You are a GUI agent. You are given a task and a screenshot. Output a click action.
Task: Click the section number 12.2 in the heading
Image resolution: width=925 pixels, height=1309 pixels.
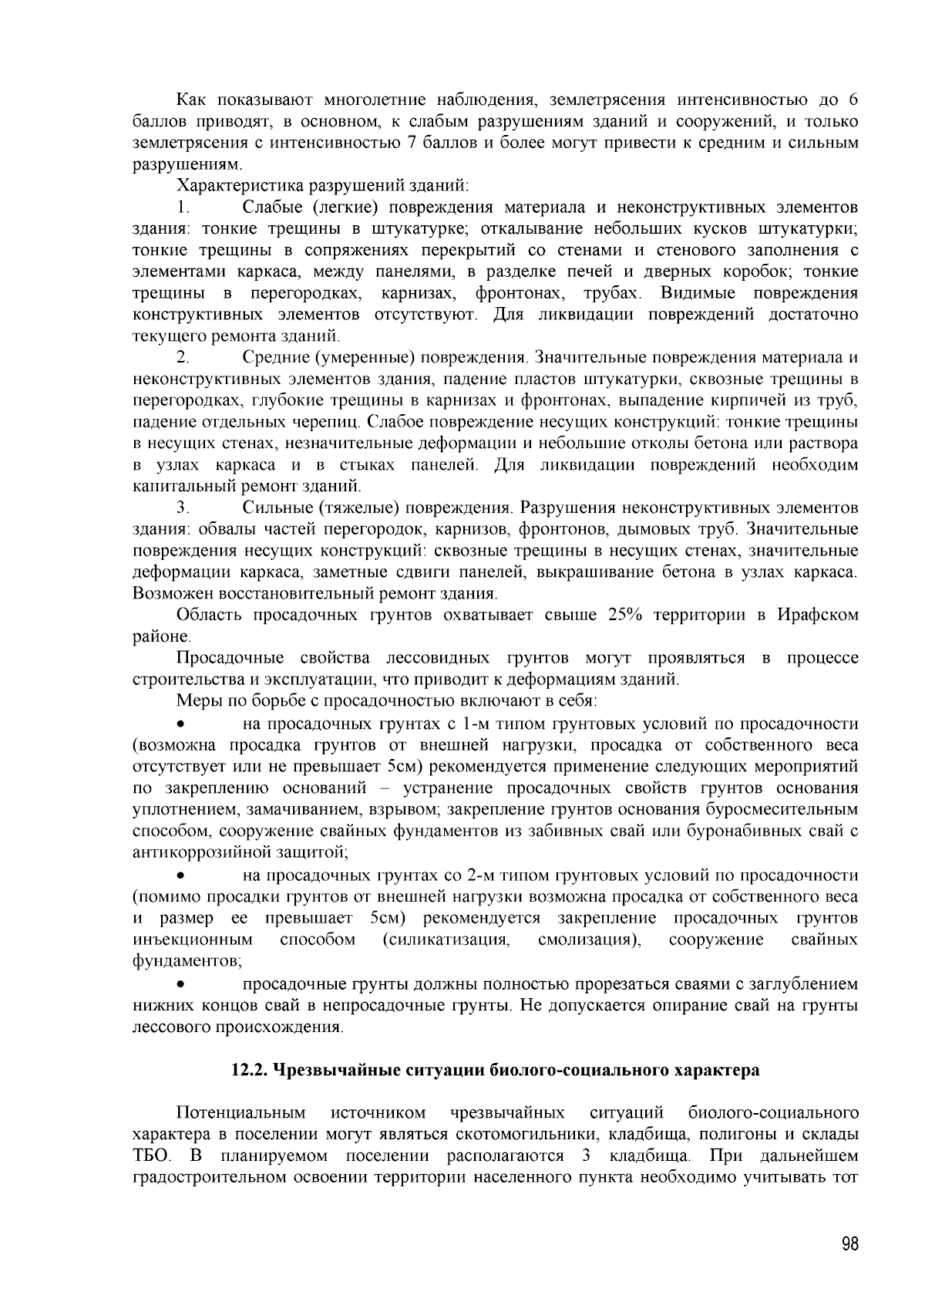tap(250, 1070)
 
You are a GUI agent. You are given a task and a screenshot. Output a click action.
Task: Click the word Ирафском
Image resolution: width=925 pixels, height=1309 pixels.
tap(817, 615)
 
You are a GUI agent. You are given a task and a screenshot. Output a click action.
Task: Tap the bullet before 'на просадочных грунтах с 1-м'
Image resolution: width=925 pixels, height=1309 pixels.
tap(181, 724)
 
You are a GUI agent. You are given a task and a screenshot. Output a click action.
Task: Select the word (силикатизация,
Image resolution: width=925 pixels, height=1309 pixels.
tap(446, 940)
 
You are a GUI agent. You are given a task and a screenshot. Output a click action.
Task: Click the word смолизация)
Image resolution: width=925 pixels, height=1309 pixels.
tap(591, 940)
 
